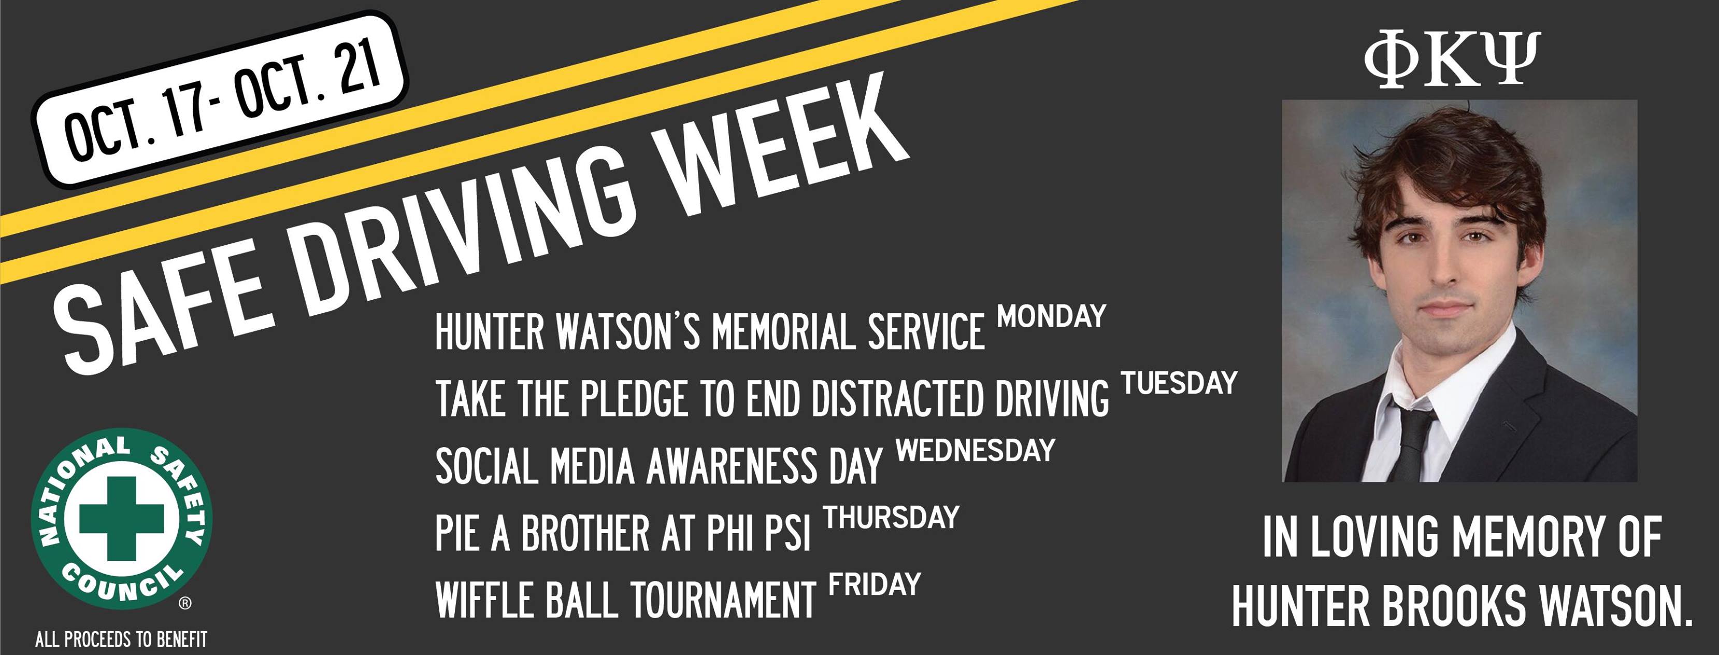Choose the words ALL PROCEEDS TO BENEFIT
point(121,639)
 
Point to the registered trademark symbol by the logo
point(185,604)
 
